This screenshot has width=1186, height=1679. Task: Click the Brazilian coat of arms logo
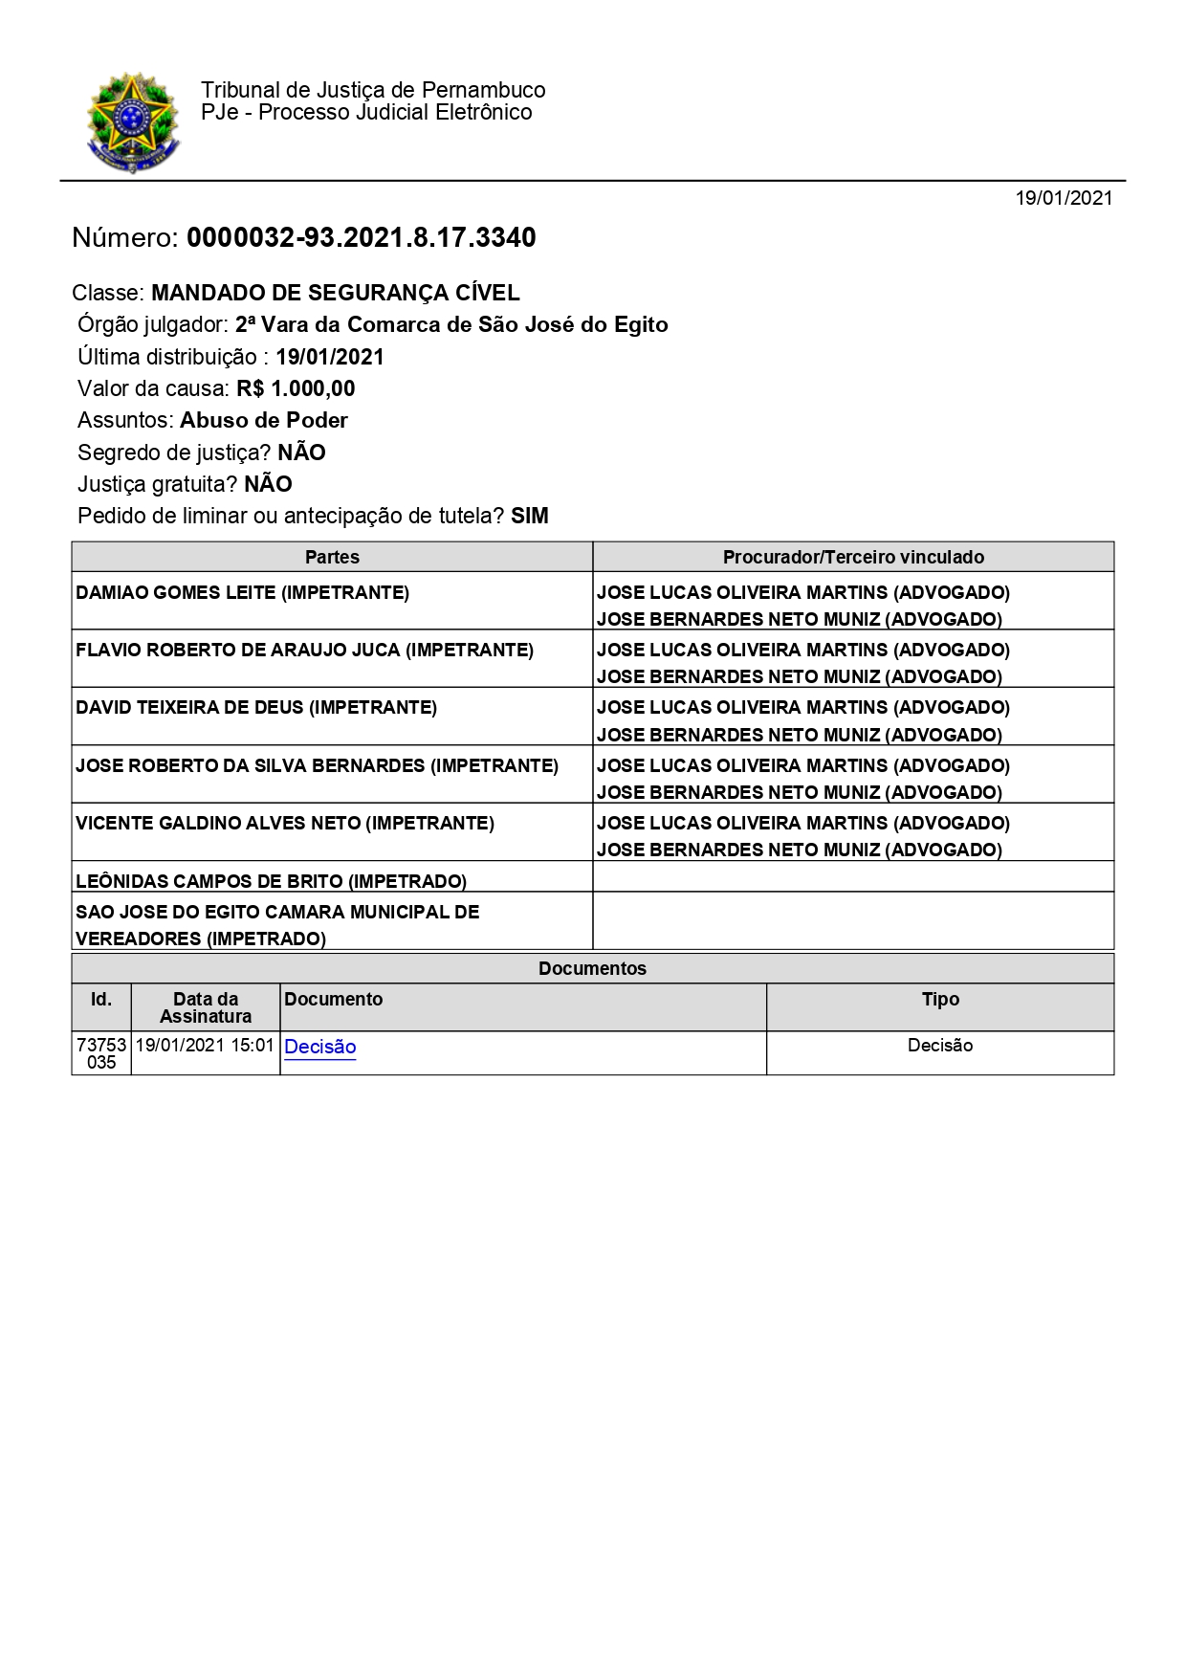tap(133, 122)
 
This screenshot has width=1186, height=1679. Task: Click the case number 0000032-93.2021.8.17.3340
tap(361, 237)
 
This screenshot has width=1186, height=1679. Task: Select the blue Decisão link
tap(320, 1047)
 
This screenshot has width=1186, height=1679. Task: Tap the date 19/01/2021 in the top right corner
tap(1064, 198)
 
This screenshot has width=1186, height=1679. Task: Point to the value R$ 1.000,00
tap(296, 388)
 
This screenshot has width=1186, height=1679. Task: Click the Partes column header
tap(332, 557)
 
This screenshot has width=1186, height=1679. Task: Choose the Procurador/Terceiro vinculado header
tap(853, 557)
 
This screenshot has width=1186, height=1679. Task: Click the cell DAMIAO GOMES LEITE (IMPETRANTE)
tap(243, 592)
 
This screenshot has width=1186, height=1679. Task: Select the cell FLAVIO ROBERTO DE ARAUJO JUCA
tap(304, 650)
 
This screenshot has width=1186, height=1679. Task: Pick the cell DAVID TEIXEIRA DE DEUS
tap(256, 707)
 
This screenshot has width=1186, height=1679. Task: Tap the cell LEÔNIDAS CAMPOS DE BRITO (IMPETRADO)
tap(272, 880)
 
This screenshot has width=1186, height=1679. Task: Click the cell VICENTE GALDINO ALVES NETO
tap(285, 823)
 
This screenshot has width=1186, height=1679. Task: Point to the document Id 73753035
tap(101, 1053)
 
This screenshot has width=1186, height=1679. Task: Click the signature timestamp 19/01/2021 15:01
tap(205, 1046)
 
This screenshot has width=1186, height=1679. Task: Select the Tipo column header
tap(940, 999)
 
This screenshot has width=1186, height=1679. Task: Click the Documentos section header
tap(592, 968)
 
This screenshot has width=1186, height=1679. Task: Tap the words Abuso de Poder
tap(264, 420)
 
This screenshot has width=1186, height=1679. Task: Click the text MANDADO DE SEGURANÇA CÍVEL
tap(336, 293)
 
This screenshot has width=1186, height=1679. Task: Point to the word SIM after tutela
tap(530, 516)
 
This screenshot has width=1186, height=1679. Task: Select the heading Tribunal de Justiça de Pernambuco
tap(373, 90)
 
